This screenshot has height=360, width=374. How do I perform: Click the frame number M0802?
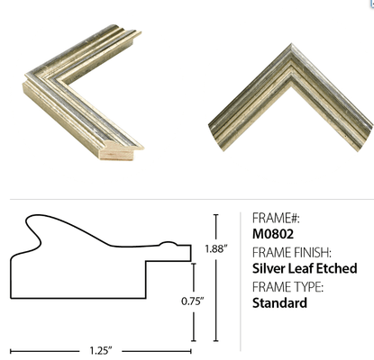coord(273,234)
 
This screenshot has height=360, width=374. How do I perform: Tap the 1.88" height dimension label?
coord(216,248)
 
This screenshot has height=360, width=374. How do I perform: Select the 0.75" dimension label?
coord(193,301)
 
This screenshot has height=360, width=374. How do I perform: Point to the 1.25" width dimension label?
coord(101,350)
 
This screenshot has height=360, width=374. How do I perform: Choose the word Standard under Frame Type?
coord(279,302)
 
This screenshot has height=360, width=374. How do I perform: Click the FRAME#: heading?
coord(276,218)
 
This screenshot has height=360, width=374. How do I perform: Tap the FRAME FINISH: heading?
coord(292,253)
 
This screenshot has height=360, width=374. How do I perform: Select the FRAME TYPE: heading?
coord(287,287)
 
